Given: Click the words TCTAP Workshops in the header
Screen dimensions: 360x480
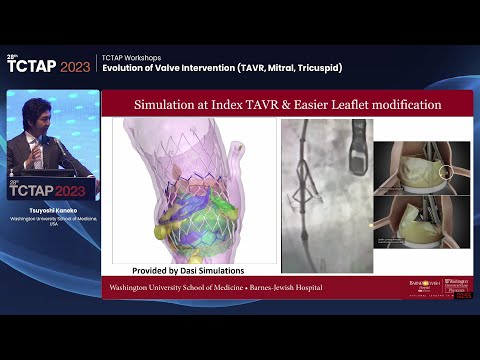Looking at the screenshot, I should (126, 56).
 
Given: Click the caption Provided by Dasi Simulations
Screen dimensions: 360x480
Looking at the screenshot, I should (189, 270).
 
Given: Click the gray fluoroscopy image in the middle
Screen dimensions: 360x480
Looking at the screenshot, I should (326, 195).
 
